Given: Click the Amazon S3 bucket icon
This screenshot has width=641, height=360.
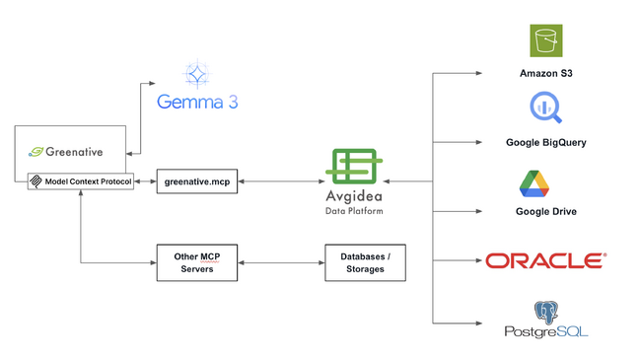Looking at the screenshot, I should point(545,41).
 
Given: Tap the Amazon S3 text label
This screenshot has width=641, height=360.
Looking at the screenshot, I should point(545,74).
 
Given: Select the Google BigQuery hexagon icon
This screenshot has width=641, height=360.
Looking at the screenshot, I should point(545,108).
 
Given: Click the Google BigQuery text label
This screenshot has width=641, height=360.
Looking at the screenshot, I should point(545,142).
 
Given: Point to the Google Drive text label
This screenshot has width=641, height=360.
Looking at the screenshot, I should point(545,211).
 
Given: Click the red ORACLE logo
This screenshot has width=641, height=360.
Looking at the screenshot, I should point(545,260).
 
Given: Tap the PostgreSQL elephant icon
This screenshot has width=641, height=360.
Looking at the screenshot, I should point(545,314).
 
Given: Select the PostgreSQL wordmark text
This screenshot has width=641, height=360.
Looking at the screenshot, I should point(545,332).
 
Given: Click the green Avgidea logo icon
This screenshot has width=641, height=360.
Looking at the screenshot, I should point(356,165).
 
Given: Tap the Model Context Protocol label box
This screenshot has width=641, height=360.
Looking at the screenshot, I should point(80,181).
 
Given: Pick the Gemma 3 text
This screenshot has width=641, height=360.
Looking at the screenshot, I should point(197,102).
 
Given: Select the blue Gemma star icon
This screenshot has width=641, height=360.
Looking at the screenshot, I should point(197,74).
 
